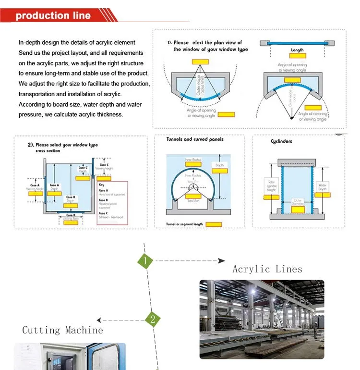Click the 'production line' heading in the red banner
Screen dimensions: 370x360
(53, 15)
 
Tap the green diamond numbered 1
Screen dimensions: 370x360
(145, 261)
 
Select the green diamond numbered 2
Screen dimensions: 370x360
(153, 320)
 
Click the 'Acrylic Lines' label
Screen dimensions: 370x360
(267, 269)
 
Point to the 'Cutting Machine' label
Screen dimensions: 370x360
(62, 330)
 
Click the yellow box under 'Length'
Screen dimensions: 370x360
(297, 56)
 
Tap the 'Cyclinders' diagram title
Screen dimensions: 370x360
(281, 141)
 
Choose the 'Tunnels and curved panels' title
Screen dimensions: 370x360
(195, 139)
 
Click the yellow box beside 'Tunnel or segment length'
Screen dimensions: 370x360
(214, 224)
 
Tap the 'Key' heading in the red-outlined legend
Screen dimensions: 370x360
(101, 185)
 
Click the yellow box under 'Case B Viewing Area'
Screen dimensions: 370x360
(70, 222)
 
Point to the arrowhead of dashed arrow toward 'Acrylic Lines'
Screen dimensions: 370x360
(222, 261)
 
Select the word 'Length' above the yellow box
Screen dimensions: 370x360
(297, 50)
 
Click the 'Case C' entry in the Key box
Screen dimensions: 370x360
(103, 213)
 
